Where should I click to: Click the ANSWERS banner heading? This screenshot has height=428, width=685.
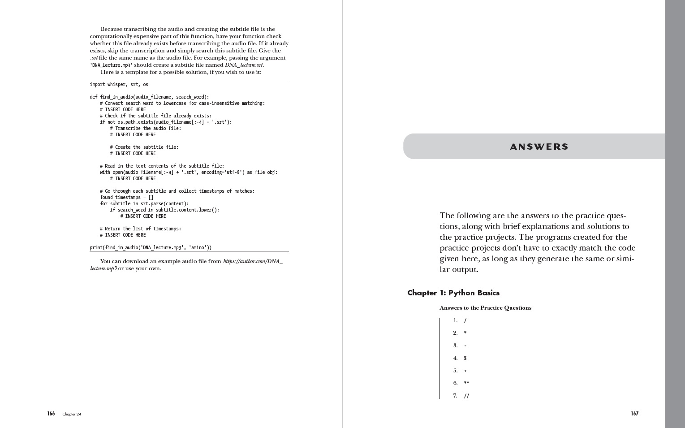point(539,147)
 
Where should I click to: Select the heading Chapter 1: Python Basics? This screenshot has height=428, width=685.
point(453,293)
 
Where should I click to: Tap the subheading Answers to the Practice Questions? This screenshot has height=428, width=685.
point(485,308)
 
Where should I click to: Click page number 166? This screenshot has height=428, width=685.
point(51,414)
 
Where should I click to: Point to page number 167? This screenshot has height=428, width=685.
point(634,414)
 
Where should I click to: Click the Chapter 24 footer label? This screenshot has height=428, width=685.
point(72,414)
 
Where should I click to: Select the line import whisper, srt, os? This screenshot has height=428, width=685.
point(119,84)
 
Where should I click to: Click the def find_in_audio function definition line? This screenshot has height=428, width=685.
point(149,97)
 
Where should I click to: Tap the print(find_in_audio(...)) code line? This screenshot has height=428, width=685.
point(151,247)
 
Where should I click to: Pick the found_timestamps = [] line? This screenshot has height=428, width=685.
point(126,197)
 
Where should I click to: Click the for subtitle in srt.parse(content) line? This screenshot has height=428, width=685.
point(144,203)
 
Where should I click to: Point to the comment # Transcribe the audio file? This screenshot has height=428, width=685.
point(146,128)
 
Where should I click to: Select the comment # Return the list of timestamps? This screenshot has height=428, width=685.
point(140,229)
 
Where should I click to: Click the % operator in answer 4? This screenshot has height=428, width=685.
point(465,358)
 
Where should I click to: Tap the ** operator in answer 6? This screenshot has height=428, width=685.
point(466,383)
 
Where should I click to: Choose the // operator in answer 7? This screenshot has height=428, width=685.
point(466,396)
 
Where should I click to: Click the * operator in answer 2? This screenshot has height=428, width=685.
point(465,333)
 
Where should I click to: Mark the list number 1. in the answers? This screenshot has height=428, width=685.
point(455,320)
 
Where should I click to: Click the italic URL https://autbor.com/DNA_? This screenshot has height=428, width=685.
point(253,261)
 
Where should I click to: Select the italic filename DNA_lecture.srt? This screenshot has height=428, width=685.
point(244,65)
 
